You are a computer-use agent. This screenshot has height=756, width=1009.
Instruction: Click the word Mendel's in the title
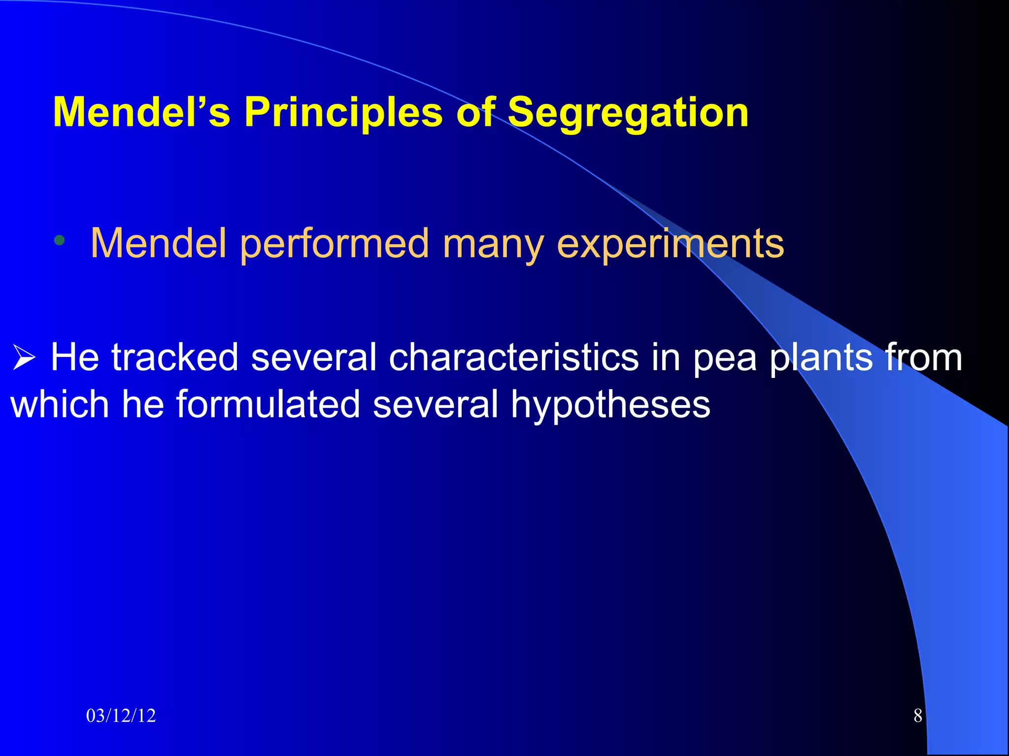(141, 113)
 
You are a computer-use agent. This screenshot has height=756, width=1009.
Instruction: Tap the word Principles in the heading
(343, 113)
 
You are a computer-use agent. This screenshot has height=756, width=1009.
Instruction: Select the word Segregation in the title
(628, 113)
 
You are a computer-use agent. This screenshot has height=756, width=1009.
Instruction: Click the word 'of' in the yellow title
(475, 113)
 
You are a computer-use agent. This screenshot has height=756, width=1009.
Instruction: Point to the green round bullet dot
(60, 241)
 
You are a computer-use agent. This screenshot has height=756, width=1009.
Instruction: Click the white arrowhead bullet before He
(24, 358)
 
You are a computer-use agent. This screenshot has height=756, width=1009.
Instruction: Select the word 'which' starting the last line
(60, 405)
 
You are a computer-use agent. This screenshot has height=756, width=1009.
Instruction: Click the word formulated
(268, 405)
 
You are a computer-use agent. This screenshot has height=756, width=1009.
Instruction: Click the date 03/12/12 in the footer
(121, 716)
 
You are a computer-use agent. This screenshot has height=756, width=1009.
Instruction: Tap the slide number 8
(917, 716)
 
